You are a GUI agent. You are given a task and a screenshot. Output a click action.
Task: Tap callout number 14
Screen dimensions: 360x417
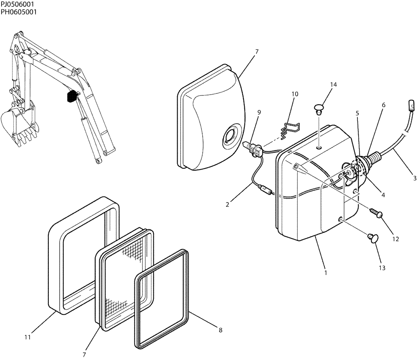(x=333, y=85)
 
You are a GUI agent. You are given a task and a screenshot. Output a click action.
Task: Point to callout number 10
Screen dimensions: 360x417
(x=295, y=94)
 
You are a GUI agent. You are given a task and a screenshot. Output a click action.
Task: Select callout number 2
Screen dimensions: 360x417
(x=227, y=205)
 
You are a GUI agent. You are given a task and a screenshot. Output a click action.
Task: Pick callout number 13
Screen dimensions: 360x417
(x=382, y=267)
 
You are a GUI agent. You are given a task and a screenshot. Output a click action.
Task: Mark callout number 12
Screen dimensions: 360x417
(x=395, y=239)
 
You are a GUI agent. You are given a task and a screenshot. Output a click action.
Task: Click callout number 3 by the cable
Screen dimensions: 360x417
(x=414, y=178)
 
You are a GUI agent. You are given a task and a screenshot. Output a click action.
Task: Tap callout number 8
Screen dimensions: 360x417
(x=220, y=330)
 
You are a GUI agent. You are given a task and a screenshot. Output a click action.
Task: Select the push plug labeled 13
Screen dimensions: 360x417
(x=372, y=238)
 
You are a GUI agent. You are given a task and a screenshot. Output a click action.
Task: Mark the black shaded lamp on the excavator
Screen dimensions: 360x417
(x=72, y=96)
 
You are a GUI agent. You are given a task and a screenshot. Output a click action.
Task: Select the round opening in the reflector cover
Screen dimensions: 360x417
(x=230, y=137)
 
